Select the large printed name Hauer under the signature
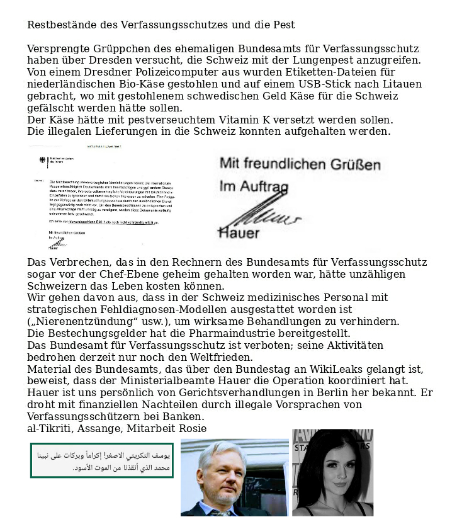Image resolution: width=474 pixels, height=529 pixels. coord(239,233)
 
